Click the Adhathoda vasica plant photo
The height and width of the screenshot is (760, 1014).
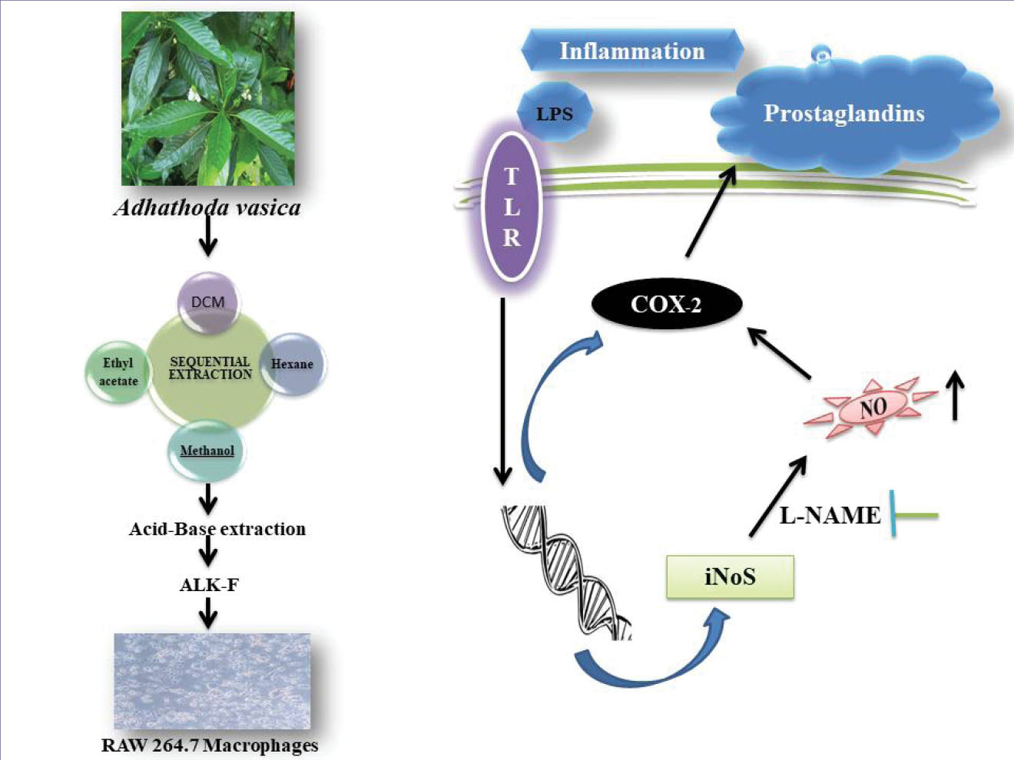207,98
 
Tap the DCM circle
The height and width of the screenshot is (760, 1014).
208,302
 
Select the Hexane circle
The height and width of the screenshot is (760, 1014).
293,364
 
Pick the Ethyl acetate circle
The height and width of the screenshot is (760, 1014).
118,372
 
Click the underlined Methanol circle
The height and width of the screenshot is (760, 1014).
207,451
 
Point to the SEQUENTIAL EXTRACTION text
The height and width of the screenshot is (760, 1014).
210,368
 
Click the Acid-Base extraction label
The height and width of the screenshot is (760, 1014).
217,529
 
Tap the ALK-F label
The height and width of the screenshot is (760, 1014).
209,585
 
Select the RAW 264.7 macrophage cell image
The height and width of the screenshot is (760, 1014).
212,681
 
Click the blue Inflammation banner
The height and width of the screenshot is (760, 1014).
631,51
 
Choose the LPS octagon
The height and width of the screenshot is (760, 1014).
555,114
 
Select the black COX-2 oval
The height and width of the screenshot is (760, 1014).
666,304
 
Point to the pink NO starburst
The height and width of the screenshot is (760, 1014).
873,407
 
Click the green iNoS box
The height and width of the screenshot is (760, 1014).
730,577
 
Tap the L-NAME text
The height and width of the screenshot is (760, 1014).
830,515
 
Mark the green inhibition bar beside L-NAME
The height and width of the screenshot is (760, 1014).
914,514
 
